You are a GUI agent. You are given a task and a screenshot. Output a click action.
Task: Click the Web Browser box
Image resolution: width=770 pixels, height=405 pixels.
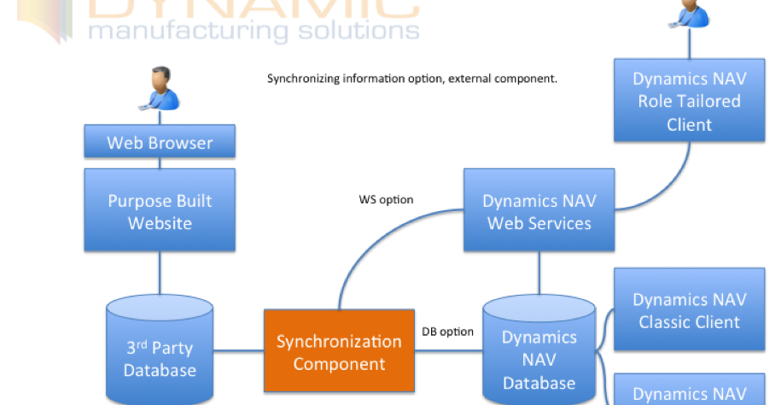[x=160, y=142]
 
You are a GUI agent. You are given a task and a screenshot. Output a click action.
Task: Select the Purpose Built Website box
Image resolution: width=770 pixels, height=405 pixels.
[x=160, y=212]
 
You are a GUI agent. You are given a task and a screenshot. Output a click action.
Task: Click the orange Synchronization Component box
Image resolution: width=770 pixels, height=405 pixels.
[x=339, y=352]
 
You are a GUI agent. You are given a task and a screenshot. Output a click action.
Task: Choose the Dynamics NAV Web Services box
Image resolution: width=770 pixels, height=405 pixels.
[x=539, y=212]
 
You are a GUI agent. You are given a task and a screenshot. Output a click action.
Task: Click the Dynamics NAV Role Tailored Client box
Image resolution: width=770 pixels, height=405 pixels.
[x=689, y=101]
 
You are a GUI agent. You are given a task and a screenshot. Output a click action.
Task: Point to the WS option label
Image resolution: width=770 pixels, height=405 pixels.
[x=386, y=200]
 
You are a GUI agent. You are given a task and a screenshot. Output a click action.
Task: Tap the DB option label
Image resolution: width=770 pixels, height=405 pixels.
[x=447, y=332]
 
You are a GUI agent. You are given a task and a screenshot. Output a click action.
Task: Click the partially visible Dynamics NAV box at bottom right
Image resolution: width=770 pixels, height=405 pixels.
[x=689, y=391]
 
